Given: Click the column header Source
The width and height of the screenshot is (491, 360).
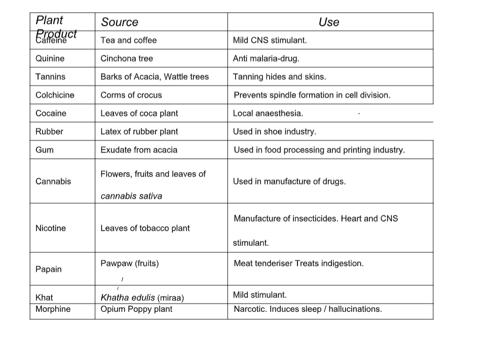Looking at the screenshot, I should (x=119, y=22).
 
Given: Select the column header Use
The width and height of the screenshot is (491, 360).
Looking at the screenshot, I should (x=329, y=22).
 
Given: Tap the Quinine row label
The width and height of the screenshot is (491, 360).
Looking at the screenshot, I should (x=50, y=58).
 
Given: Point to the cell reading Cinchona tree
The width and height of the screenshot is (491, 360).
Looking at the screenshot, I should (x=127, y=58).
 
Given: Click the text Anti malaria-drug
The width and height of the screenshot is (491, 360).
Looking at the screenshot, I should (x=266, y=58).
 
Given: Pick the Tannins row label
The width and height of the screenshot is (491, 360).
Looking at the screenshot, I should (x=50, y=77).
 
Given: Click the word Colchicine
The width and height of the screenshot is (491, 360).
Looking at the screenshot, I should (x=55, y=95).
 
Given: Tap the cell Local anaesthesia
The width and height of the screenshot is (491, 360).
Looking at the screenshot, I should (x=268, y=113).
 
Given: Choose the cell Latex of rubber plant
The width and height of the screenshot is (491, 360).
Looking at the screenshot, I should (x=139, y=131).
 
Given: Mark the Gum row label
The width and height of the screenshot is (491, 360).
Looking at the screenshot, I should (x=45, y=150).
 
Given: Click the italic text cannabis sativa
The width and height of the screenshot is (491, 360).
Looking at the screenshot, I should (x=131, y=196).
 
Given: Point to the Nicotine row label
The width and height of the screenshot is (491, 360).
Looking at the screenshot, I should (x=51, y=228).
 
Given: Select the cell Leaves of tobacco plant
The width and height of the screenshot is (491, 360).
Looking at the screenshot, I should (x=145, y=228).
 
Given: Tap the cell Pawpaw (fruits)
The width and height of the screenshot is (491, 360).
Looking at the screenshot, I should (x=130, y=263).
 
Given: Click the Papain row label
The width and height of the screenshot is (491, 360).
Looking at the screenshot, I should (x=49, y=269).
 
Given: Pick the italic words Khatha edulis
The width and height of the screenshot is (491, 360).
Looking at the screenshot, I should (x=128, y=298).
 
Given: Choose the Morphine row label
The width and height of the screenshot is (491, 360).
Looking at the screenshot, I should (x=53, y=309).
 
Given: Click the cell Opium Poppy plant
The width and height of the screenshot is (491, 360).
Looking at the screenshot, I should (x=136, y=309).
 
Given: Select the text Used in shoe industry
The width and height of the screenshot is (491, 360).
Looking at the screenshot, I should (x=274, y=131).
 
